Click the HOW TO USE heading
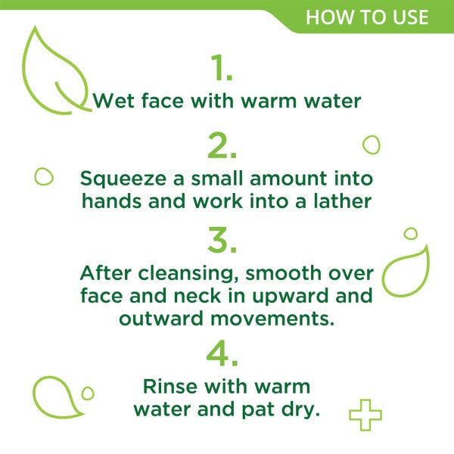click(367, 17)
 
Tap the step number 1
click(222, 67)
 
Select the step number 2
click(222, 145)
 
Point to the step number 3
click(222, 240)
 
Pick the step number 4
click(222, 353)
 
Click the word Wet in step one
click(113, 101)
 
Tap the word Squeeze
click(123, 179)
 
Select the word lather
click(343, 201)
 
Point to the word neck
click(197, 296)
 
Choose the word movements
click(272, 319)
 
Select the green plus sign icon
click(365, 415)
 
